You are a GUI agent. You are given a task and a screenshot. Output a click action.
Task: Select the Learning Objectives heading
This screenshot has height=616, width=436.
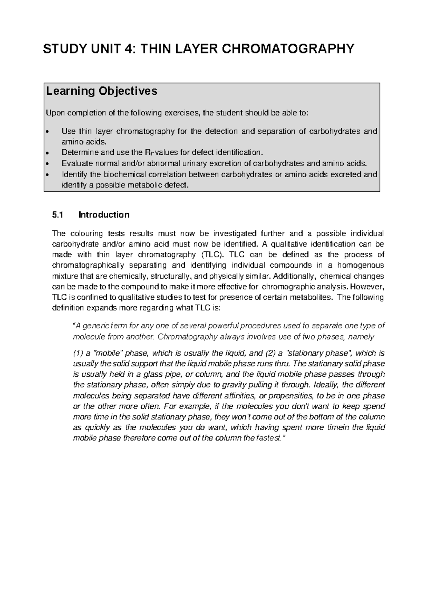pyautogui.click(x=101, y=91)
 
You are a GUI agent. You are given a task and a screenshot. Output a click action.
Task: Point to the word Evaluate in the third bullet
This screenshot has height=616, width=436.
pyautogui.click(x=76, y=163)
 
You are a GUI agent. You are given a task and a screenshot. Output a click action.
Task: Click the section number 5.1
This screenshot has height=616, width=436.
pyautogui.click(x=57, y=215)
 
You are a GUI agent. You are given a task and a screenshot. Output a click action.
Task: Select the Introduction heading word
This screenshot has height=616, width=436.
pyautogui.click(x=104, y=215)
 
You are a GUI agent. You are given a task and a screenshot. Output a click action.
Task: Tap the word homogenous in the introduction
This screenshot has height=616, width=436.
pyautogui.click(x=364, y=265)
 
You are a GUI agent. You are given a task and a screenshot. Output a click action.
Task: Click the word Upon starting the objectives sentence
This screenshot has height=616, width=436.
pyautogui.click(x=53, y=113)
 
